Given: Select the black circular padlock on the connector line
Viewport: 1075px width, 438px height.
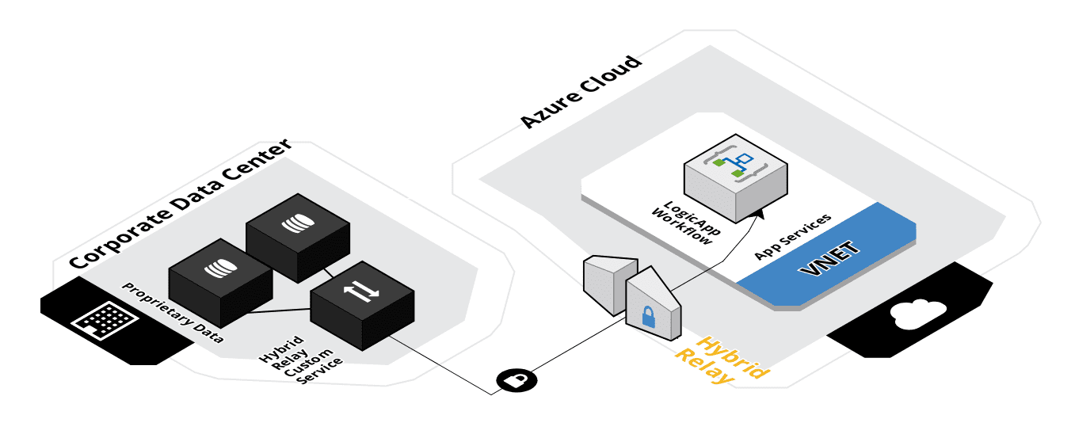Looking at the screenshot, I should click(x=516, y=381).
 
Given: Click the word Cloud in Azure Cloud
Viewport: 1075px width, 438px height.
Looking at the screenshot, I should click(x=616, y=74).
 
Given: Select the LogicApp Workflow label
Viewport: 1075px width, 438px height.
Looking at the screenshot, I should click(x=680, y=223).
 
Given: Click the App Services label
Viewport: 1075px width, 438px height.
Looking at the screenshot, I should click(x=792, y=236).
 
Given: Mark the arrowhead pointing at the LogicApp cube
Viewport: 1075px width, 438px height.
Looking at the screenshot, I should click(x=760, y=210).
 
